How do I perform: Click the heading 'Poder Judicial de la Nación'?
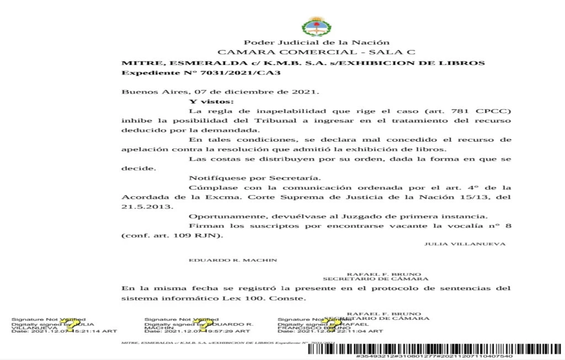tap(317, 42)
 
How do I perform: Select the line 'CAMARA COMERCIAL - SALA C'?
tap(317, 52)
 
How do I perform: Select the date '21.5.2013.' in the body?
tap(140, 206)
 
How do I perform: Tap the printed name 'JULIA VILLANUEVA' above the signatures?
tap(465, 244)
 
